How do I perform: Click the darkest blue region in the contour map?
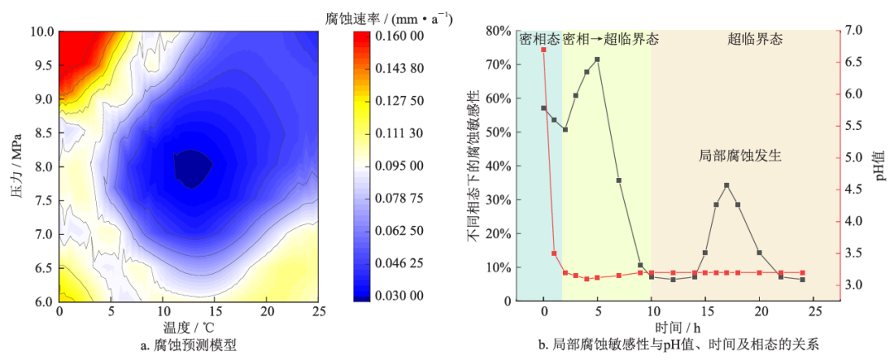tap(193, 168)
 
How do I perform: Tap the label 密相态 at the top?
tap(540, 39)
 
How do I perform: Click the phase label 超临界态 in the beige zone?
tap(755, 39)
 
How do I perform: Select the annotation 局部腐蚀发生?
tap(741, 155)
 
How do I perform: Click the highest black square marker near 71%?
tap(597, 60)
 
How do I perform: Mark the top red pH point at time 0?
tap(544, 50)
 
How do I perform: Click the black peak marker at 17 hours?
tap(727, 185)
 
